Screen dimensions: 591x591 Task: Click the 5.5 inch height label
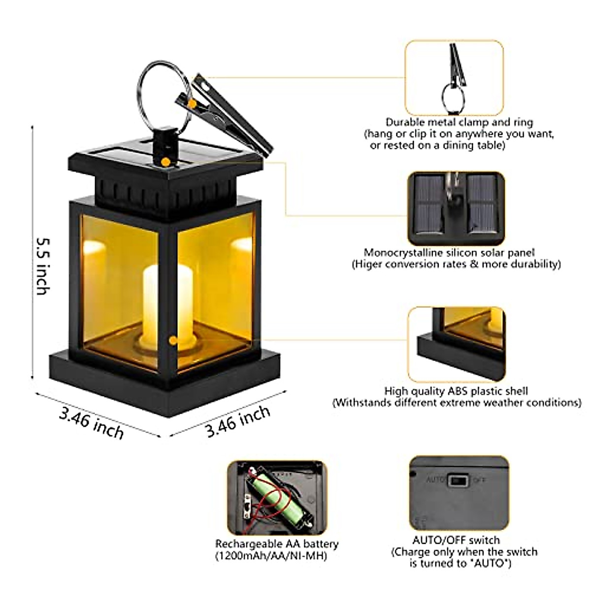point(43,266)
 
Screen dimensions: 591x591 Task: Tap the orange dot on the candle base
point(173,340)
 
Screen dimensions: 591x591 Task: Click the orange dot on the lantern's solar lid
point(166,162)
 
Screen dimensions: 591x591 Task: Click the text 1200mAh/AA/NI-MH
point(270,556)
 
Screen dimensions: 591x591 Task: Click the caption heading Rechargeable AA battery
point(277,544)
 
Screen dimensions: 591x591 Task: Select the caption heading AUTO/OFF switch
point(456,540)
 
